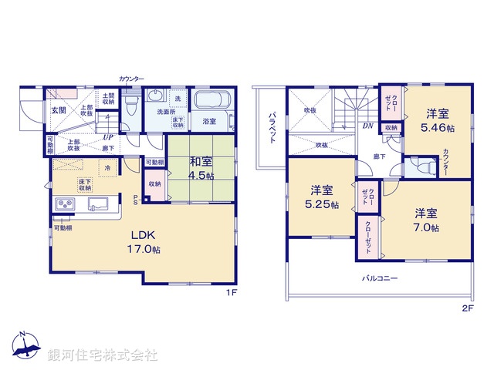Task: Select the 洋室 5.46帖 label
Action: click(436, 119)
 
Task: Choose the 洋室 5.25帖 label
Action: click(322, 197)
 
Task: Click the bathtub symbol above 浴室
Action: click(210, 101)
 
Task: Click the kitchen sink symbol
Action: click(96, 204)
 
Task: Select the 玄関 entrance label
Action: click(59, 110)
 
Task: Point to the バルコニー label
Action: click(379, 278)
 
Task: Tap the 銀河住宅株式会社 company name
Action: click(103, 355)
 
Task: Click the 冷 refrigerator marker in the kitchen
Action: click(108, 167)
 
